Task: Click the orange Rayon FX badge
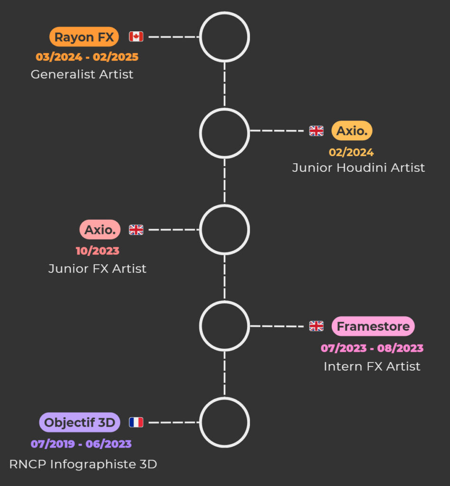[84, 37]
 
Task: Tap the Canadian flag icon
[136, 37]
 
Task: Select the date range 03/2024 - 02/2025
[87, 57]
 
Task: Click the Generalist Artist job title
[82, 75]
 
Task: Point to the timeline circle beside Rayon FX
[224, 37]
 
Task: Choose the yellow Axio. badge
[352, 131]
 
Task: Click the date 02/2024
[351, 152]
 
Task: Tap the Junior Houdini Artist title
[358, 168]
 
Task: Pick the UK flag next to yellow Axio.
[316, 131]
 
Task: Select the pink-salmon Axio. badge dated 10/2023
[100, 230]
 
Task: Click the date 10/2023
[98, 251]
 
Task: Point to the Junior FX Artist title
[97, 269]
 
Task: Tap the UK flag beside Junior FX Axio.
[136, 230]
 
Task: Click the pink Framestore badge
[373, 327]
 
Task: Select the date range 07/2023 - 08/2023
[372, 348]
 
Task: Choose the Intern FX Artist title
[372, 366]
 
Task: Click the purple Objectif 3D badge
[80, 422]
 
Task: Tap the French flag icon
[136, 422]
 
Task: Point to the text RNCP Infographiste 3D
[83, 464]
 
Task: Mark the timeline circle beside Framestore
[224, 326]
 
